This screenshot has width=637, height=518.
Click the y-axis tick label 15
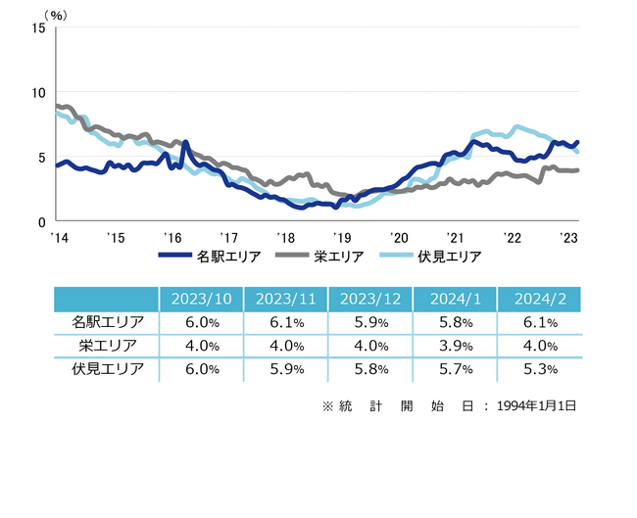[39, 27]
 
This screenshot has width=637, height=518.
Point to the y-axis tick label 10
[39, 92]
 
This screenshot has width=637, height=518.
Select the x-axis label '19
[342, 236]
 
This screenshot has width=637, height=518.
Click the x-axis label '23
[567, 236]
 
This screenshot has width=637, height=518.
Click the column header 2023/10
[201, 299]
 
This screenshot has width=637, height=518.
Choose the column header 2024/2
[538, 299]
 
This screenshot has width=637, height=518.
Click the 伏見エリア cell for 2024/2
[538, 370]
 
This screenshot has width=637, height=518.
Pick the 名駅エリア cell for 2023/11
[285, 322]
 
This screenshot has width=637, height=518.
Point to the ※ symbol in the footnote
[328, 405]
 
